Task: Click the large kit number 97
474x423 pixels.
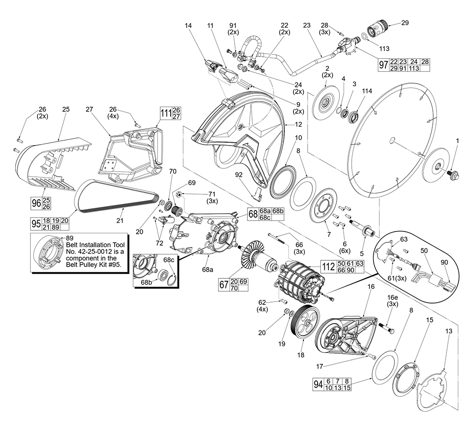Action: pos(383,65)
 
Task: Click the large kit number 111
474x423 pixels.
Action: pos(165,113)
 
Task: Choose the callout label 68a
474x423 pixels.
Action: pos(208,269)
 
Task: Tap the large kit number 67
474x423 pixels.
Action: pos(224,285)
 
